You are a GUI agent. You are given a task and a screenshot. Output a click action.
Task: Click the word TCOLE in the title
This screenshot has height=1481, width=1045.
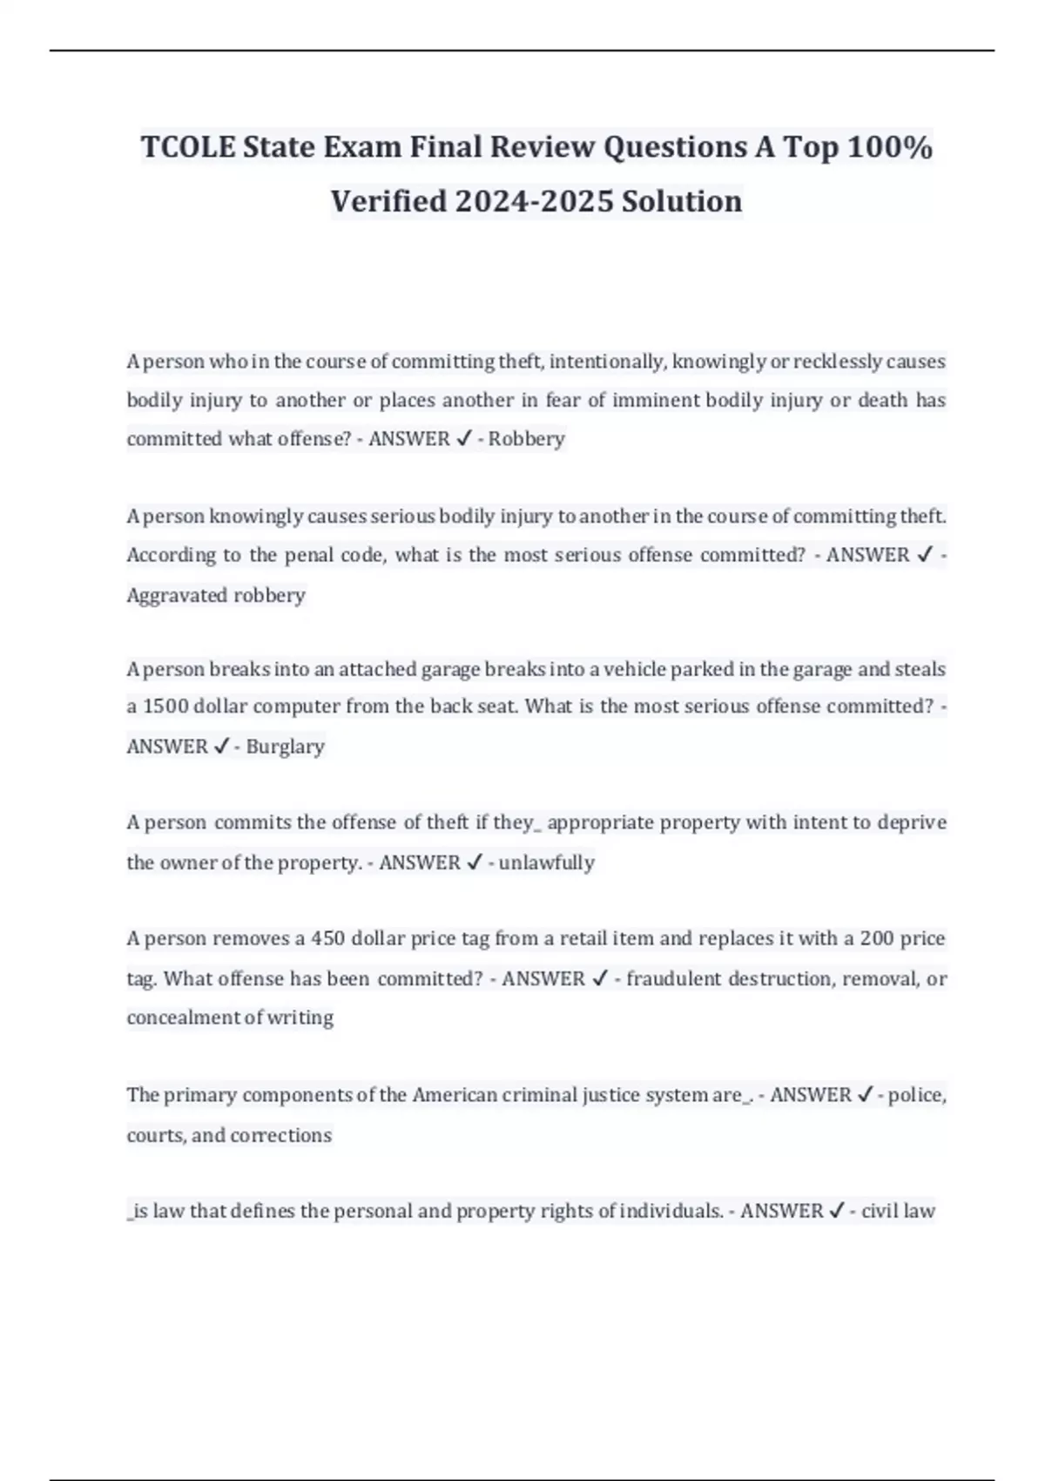point(188,147)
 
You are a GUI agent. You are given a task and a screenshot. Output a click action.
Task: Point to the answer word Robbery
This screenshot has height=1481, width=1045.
point(526,439)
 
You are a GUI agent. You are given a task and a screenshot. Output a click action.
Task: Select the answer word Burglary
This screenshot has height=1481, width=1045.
point(285,747)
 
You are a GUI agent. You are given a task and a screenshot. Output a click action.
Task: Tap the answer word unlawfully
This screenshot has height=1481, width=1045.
point(546,862)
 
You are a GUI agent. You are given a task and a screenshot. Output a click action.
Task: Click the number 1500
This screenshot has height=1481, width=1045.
point(165,707)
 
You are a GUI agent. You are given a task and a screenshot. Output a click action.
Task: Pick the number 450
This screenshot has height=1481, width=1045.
point(327,939)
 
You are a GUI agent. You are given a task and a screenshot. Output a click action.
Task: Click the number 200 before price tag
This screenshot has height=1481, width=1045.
point(876,939)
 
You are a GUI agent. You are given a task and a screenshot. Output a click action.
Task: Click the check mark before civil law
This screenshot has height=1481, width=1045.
point(836,1211)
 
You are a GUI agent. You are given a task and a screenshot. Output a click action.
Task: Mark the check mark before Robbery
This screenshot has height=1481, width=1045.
point(463,439)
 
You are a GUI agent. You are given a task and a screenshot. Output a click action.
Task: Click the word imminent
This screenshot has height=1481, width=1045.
point(656,401)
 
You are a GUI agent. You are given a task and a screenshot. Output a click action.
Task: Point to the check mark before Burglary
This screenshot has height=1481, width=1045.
point(221,747)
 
